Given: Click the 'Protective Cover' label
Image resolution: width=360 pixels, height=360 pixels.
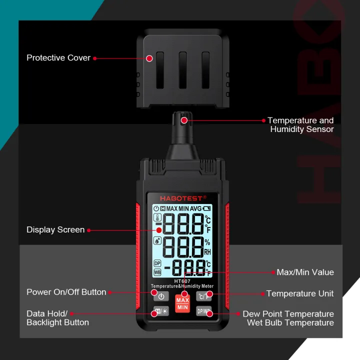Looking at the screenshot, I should [x=58, y=58].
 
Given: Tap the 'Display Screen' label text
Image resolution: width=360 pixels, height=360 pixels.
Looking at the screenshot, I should [x=55, y=230].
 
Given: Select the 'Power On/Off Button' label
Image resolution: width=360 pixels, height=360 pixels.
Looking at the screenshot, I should [x=66, y=292].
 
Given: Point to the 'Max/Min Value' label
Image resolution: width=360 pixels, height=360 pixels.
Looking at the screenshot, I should [x=305, y=272].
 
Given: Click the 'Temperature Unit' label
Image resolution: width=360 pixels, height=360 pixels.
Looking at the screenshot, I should [x=300, y=293].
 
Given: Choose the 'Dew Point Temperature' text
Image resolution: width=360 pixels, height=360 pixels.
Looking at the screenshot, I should [x=288, y=314].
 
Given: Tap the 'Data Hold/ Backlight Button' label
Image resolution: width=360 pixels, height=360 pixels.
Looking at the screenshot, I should [x=57, y=318].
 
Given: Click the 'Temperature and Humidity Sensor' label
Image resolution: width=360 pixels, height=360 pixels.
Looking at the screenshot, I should [x=300, y=124].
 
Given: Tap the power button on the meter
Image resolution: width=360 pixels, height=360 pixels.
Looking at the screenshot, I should [x=161, y=296].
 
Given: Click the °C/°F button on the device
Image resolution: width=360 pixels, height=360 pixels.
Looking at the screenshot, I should [x=203, y=295].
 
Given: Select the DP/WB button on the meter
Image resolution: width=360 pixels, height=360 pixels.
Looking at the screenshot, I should [x=204, y=312].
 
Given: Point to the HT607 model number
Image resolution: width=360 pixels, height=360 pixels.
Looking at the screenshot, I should [x=182, y=280].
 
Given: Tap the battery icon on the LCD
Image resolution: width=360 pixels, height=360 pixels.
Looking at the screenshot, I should [x=207, y=208].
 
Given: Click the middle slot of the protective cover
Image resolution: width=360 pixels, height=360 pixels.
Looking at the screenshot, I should [x=182, y=69].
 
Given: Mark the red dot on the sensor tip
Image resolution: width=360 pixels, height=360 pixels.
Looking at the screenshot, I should [x=184, y=120].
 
